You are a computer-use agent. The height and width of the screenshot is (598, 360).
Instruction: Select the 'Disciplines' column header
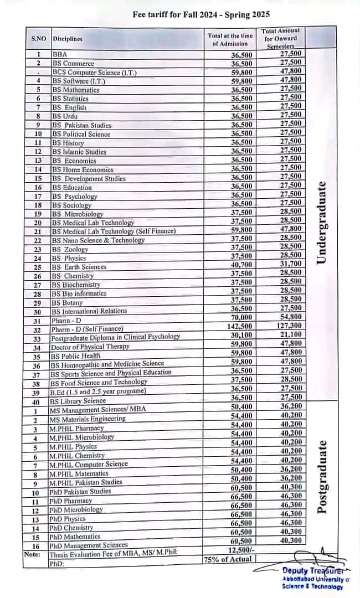pyautogui.click(x=68, y=39)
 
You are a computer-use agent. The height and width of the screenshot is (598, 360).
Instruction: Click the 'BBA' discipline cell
pyautogui.click(x=59, y=55)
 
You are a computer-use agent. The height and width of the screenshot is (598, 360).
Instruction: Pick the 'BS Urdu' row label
pyautogui.click(x=65, y=116)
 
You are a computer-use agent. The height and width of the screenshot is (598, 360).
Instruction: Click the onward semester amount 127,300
pyautogui.click(x=290, y=326)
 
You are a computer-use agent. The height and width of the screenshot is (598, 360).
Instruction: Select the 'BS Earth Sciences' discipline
pyautogui.click(x=79, y=267)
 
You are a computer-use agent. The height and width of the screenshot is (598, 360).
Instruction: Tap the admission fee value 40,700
pyautogui.click(x=241, y=265)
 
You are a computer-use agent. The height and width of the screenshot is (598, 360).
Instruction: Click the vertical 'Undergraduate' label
pyautogui.click(x=321, y=221)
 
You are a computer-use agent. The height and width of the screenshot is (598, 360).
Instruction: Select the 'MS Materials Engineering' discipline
pyautogui.click(x=88, y=419)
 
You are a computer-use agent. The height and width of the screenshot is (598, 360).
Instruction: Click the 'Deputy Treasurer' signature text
pyautogui.click(x=312, y=571)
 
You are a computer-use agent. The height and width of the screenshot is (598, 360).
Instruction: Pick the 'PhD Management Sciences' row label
pyautogui.click(x=89, y=545)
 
